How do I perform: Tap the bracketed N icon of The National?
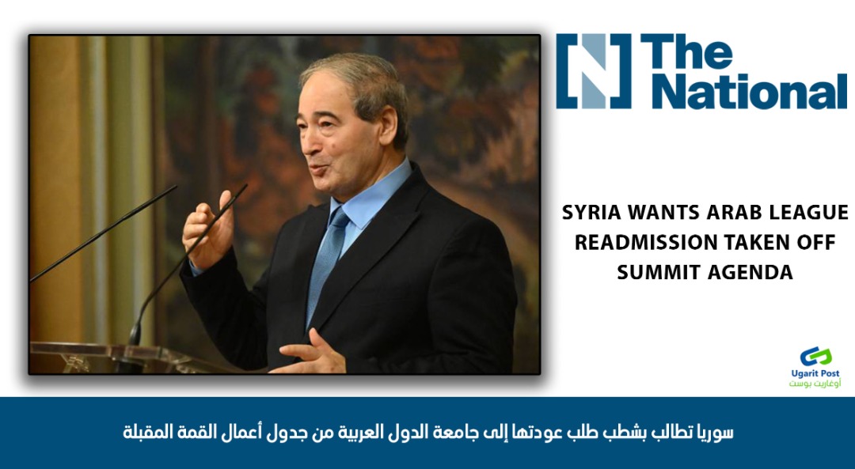tap(594, 71)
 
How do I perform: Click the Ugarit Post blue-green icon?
tap(815, 356)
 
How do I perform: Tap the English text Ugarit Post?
tap(815, 373)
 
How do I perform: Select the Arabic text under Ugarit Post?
tap(815, 384)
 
